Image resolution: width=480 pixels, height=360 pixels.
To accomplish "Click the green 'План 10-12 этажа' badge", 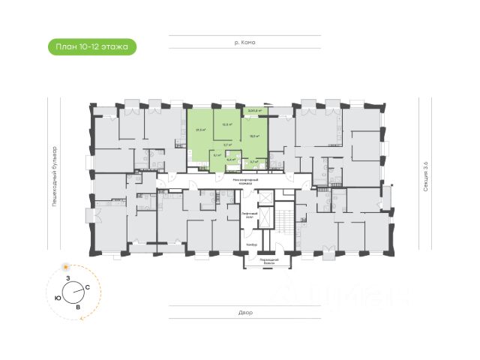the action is pos(91,47).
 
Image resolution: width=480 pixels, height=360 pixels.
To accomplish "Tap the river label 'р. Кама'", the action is pos(244,42).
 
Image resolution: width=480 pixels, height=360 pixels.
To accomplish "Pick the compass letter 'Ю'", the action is pos(58,298).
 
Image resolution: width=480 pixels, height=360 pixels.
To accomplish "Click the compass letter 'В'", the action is pos(77,307).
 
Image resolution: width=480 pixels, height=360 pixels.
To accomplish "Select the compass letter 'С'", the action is pos(88,288).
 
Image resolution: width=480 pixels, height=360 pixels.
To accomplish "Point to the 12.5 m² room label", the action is pos(226,124).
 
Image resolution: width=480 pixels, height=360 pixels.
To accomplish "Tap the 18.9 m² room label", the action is pos(254,136).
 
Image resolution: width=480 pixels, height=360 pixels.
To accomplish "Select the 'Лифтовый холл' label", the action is pos(250,214).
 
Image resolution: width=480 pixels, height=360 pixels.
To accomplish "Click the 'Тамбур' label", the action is pos(251,245).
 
